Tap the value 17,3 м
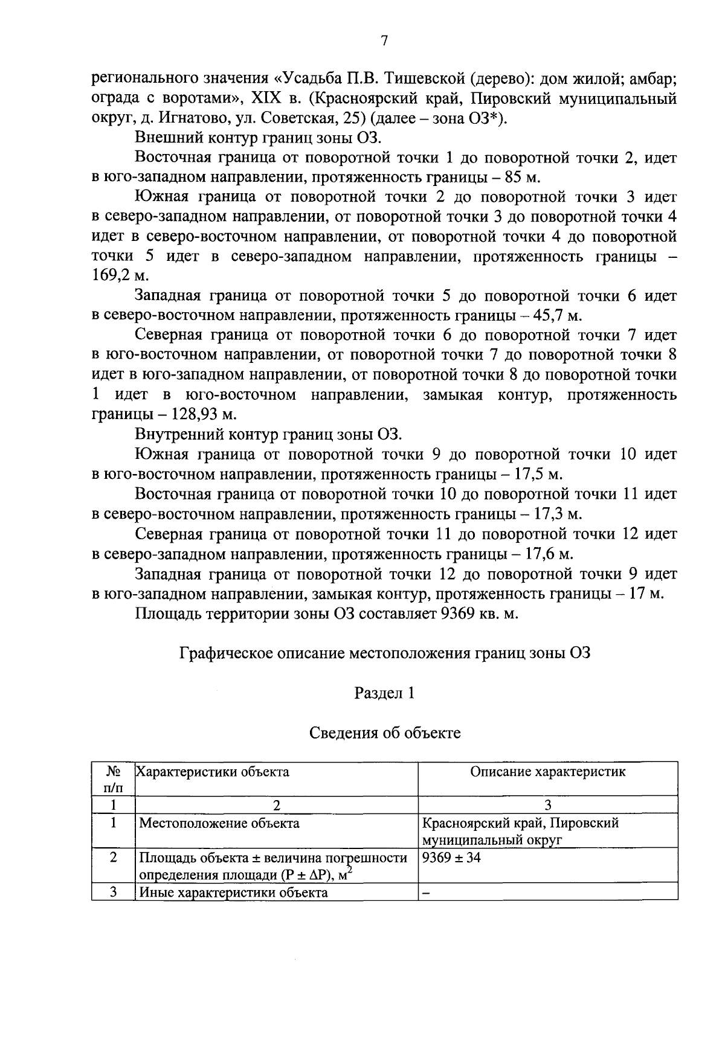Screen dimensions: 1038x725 (x=549, y=514)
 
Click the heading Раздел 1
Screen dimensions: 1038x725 (x=384, y=693)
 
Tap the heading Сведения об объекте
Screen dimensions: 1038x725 (x=384, y=733)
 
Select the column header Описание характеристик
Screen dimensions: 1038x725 (x=547, y=772)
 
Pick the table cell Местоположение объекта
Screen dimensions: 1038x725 (x=219, y=823)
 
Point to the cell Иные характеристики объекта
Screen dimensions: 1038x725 (x=233, y=892)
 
